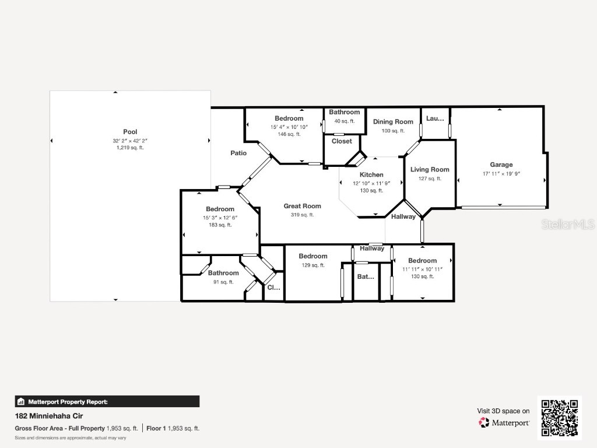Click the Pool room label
coord(130,132)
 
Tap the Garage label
coord(501,165)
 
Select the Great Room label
coord(302,206)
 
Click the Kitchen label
coord(371,175)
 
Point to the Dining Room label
coord(393,122)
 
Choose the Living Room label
coord(430,170)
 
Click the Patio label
coord(238,153)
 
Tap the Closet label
coord(342,141)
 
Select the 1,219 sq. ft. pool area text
coord(130,148)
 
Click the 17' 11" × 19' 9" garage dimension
coord(501,174)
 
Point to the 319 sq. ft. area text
coord(302,215)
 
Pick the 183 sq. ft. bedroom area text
coord(220,225)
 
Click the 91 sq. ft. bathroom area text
coord(223,282)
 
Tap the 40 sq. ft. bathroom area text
coord(344,121)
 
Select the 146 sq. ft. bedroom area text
coord(289,134)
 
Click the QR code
coord(559,418)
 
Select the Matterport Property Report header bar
coord(107,401)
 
